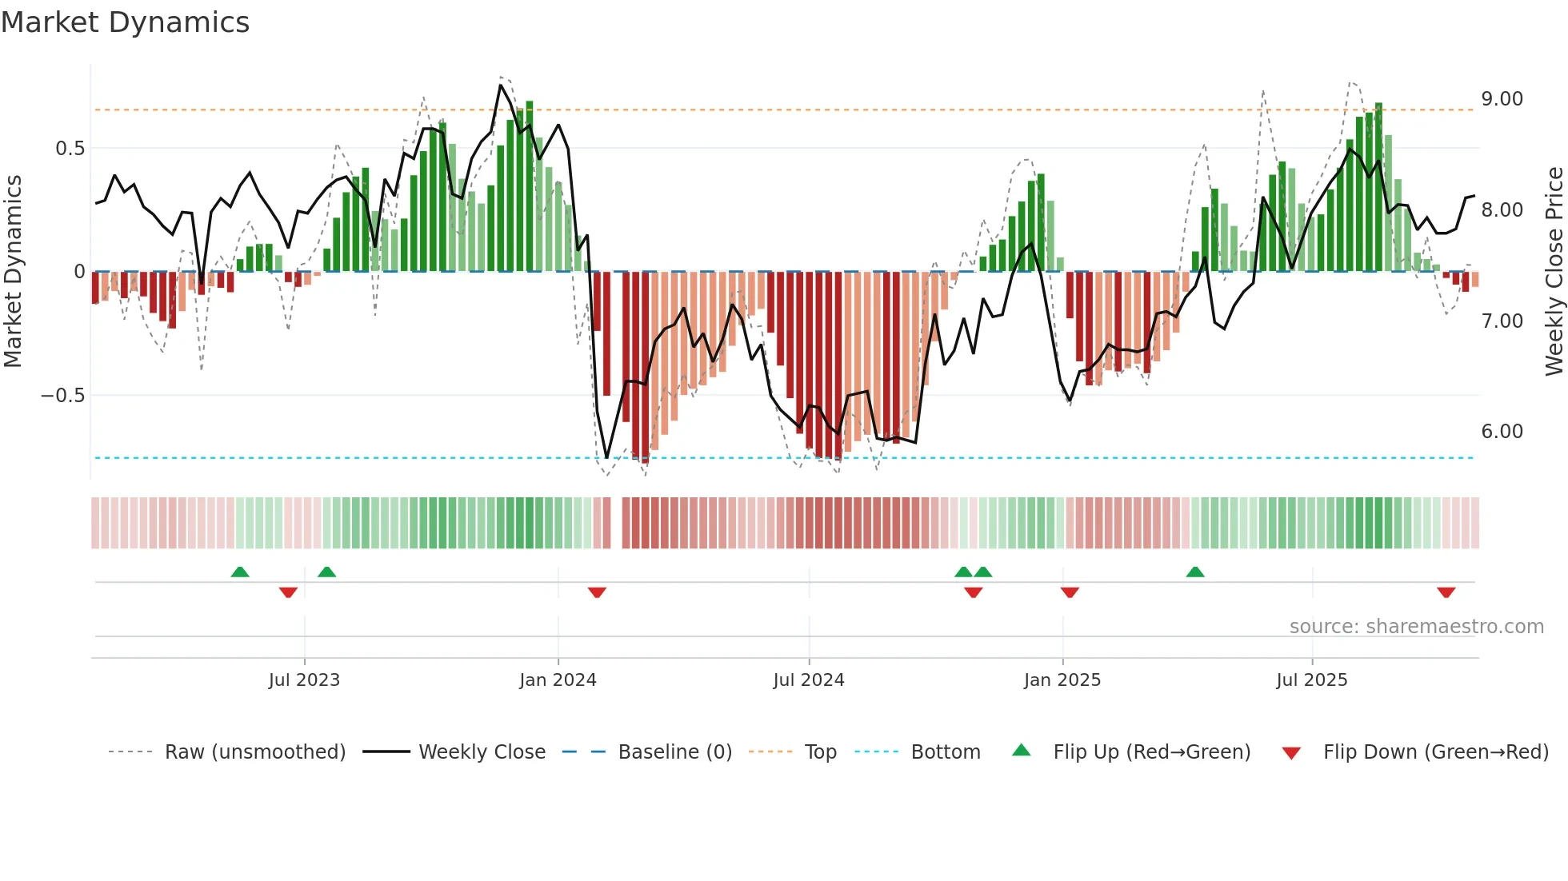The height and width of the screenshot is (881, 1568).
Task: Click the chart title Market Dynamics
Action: click(x=125, y=22)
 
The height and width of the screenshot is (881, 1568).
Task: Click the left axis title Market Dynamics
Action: click(x=14, y=271)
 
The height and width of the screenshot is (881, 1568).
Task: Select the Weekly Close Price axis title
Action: click(x=1554, y=271)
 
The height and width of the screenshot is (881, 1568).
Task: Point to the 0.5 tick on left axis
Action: click(x=70, y=149)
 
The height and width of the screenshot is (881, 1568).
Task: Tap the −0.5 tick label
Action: click(x=62, y=396)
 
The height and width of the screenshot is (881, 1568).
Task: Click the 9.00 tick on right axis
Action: click(x=1502, y=99)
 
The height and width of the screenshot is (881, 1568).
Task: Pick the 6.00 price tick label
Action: click(x=1502, y=432)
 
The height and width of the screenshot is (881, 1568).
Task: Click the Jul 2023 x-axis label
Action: click(x=304, y=680)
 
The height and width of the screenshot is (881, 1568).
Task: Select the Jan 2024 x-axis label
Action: click(x=558, y=680)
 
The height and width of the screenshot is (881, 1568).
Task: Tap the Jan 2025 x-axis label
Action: click(x=1062, y=680)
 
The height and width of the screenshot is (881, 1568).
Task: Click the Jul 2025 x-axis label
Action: click(x=1311, y=680)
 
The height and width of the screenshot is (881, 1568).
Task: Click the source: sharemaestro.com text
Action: click(x=1416, y=627)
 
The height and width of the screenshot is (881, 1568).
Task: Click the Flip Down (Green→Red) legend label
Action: click(x=1435, y=752)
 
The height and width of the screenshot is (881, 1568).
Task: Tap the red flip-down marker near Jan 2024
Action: click(x=597, y=592)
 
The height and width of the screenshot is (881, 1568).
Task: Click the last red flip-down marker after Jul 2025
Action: click(x=1446, y=592)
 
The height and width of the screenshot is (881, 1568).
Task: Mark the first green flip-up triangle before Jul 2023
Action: click(x=240, y=572)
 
